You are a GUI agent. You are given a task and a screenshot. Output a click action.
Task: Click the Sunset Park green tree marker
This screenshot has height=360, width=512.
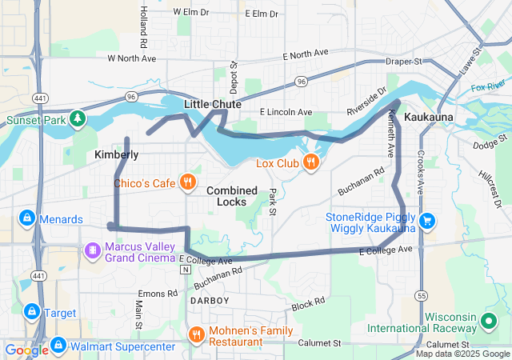pyautogui.click(x=78, y=120)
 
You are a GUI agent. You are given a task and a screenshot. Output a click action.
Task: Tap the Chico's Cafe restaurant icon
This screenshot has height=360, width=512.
pyautogui.click(x=188, y=182)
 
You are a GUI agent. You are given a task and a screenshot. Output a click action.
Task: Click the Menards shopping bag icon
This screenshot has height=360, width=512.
pyautogui.click(x=26, y=218)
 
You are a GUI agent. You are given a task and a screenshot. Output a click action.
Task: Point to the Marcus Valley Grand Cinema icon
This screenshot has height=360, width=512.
pyautogui.click(x=93, y=251)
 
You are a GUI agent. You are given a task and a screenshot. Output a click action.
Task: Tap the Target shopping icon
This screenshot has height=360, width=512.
pyautogui.click(x=32, y=311)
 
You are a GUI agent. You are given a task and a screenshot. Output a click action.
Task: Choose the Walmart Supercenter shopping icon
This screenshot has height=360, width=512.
pyautogui.click(x=58, y=346)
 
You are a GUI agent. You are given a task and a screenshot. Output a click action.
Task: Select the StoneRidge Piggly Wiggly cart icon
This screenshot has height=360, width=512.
pyautogui.click(x=427, y=221)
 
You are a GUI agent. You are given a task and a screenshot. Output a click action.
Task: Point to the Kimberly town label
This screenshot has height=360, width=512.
pyautogui.click(x=116, y=154)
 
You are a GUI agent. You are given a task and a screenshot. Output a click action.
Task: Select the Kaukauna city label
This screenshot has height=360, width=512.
pyautogui.click(x=429, y=118)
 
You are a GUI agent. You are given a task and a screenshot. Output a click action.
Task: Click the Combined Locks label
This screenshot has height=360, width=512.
pyautogui.click(x=232, y=196)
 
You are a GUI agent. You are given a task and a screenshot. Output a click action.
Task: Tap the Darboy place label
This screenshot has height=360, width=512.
pyautogui.click(x=210, y=300)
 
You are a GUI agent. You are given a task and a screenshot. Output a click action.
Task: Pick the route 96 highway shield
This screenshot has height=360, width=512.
pyautogui.click(x=301, y=82)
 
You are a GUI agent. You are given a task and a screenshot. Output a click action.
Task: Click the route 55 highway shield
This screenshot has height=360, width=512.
pyautogui.click(x=422, y=295)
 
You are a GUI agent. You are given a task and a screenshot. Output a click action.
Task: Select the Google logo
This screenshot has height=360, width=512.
pyautogui.click(x=26, y=350)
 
